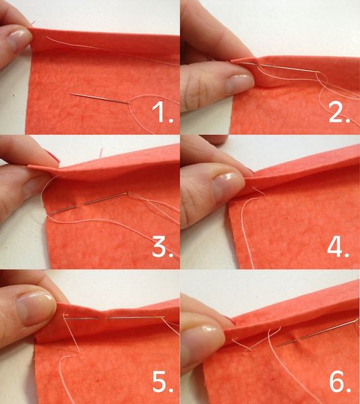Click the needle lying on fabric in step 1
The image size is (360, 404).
(x=101, y=98)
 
